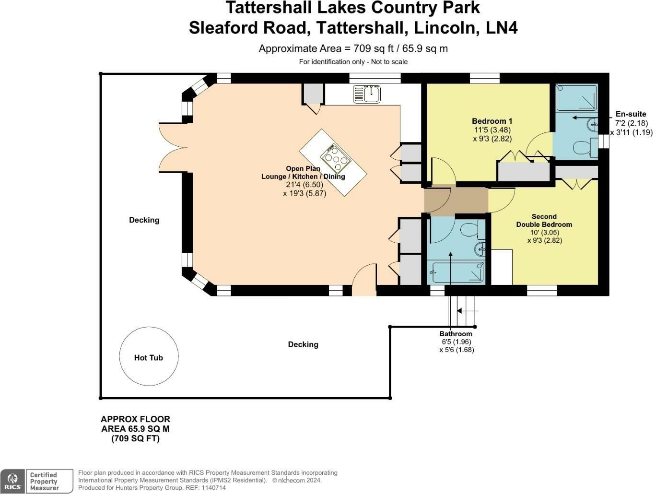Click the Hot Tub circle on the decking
point(149,357)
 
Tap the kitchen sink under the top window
point(367,94)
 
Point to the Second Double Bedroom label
point(544,221)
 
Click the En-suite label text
point(631,114)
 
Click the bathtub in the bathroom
point(457,273)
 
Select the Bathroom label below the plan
point(456,334)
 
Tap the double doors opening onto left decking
point(172,147)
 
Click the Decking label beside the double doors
point(144,220)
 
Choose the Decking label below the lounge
point(303,344)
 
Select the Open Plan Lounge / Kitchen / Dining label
point(303,173)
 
